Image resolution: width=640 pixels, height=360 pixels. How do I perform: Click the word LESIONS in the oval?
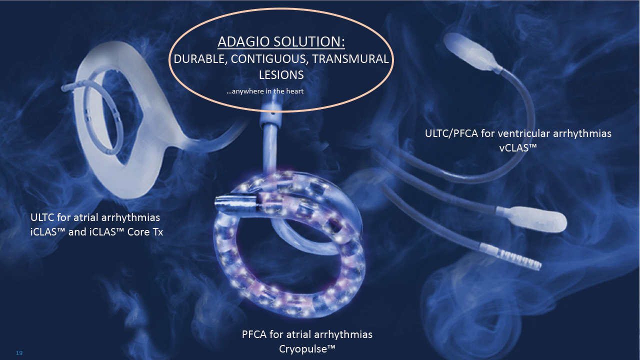281,75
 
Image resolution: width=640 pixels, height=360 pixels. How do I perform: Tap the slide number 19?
19,353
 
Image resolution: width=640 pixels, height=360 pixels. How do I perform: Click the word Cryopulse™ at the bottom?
307,349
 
